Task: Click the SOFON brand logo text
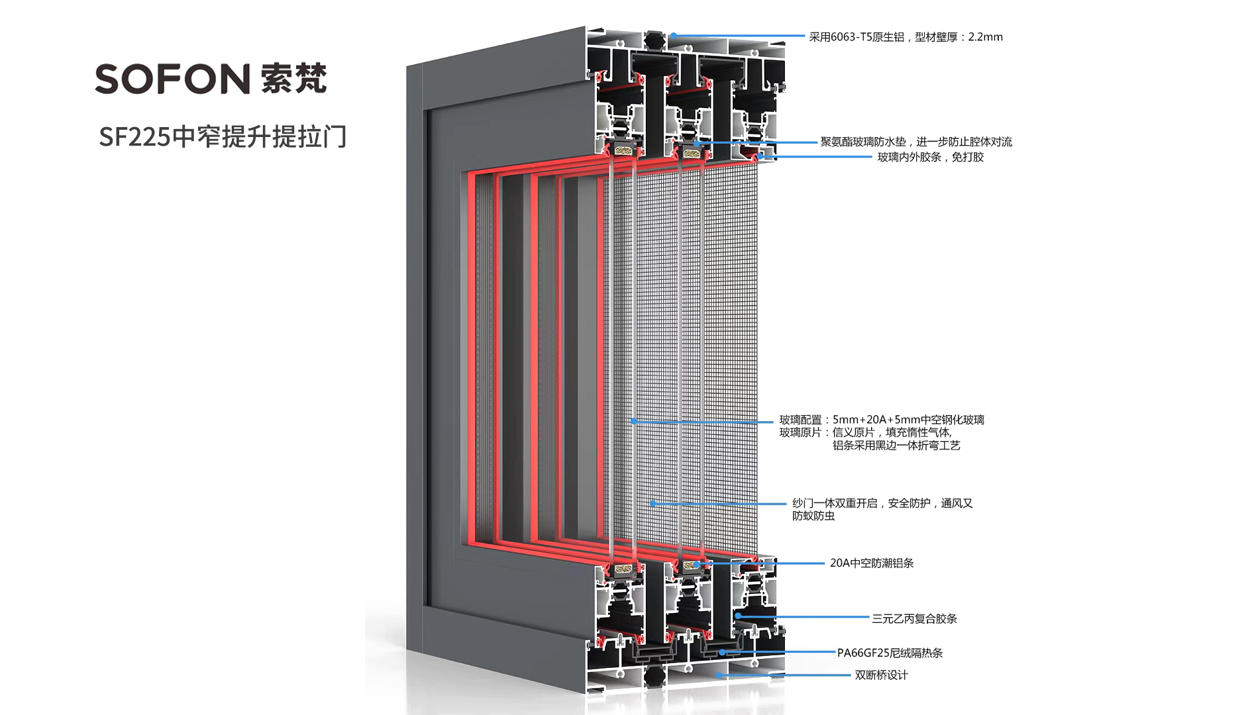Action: (172, 79)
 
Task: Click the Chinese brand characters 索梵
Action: (294, 79)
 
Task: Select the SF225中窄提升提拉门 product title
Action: (223, 137)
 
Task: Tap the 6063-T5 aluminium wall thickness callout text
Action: (905, 37)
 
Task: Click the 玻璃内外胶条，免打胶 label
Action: (930, 157)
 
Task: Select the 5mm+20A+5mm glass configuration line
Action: (882, 420)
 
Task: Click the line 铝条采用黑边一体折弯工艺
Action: (896, 446)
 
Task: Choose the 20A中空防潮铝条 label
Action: (872, 563)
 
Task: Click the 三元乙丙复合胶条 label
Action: (914, 618)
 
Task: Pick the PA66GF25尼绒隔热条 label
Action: (890, 653)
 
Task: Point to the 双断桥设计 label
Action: (881, 675)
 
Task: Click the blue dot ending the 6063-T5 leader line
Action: (673, 36)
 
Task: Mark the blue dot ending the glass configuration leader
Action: (634, 421)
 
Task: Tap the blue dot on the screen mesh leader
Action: (652, 504)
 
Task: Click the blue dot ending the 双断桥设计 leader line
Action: (718, 675)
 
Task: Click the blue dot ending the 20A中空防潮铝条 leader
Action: (698, 564)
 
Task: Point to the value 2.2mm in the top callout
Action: (985, 37)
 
